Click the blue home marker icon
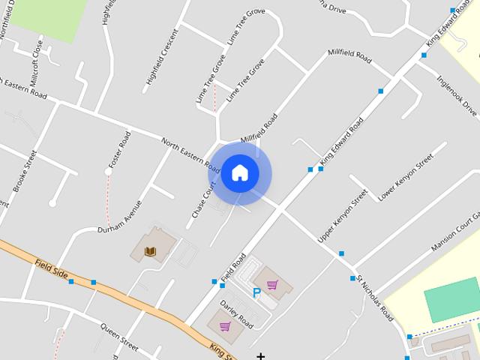pos(239,172)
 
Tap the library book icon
pos(151,250)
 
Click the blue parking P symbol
pos(256,293)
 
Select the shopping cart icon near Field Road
pos(272,285)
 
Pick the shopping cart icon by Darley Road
pos(225,326)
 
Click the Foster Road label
pos(120,149)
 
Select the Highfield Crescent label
pos(163,57)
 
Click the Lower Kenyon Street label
pos(406,178)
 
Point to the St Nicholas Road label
pos(374,298)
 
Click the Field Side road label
pos(51,271)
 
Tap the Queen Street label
pos(119,337)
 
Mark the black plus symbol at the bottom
pos(261,355)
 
